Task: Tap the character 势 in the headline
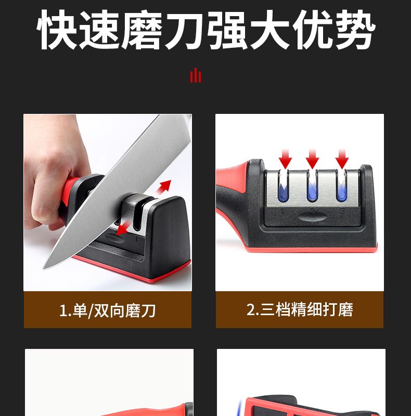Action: [x=355, y=30]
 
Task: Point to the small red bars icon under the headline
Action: [x=196, y=75]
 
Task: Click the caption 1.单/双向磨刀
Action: [x=108, y=310]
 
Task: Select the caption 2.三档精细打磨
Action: [x=300, y=309]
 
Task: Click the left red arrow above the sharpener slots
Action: [x=285, y=159]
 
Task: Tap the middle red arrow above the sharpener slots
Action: [x=312, y=159]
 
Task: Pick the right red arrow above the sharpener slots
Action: [x=342, y=159]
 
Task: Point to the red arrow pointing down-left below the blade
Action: [x=123, y=229]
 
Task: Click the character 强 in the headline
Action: [x=227, y=30]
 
